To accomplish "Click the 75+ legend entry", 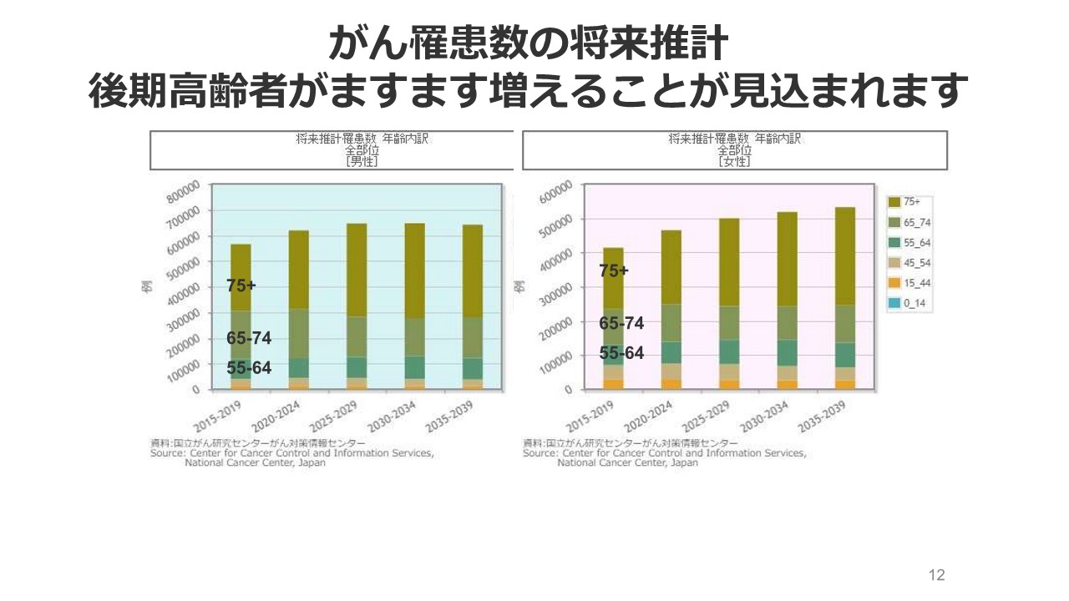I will tap(911, 201).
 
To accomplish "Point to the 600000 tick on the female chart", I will tap(556, 191).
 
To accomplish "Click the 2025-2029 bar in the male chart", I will tap(357, 306).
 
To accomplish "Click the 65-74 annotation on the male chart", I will tap(249, 339).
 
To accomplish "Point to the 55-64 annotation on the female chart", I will tap(621, 354).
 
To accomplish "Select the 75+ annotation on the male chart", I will tap(241, 285).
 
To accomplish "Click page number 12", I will tap(936, 575).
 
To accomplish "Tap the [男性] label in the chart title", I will tap(362, 162).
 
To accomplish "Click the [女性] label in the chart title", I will tap(734, 162).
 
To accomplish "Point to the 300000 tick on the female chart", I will tap(556, 290).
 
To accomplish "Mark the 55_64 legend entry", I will tap(911, 243).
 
